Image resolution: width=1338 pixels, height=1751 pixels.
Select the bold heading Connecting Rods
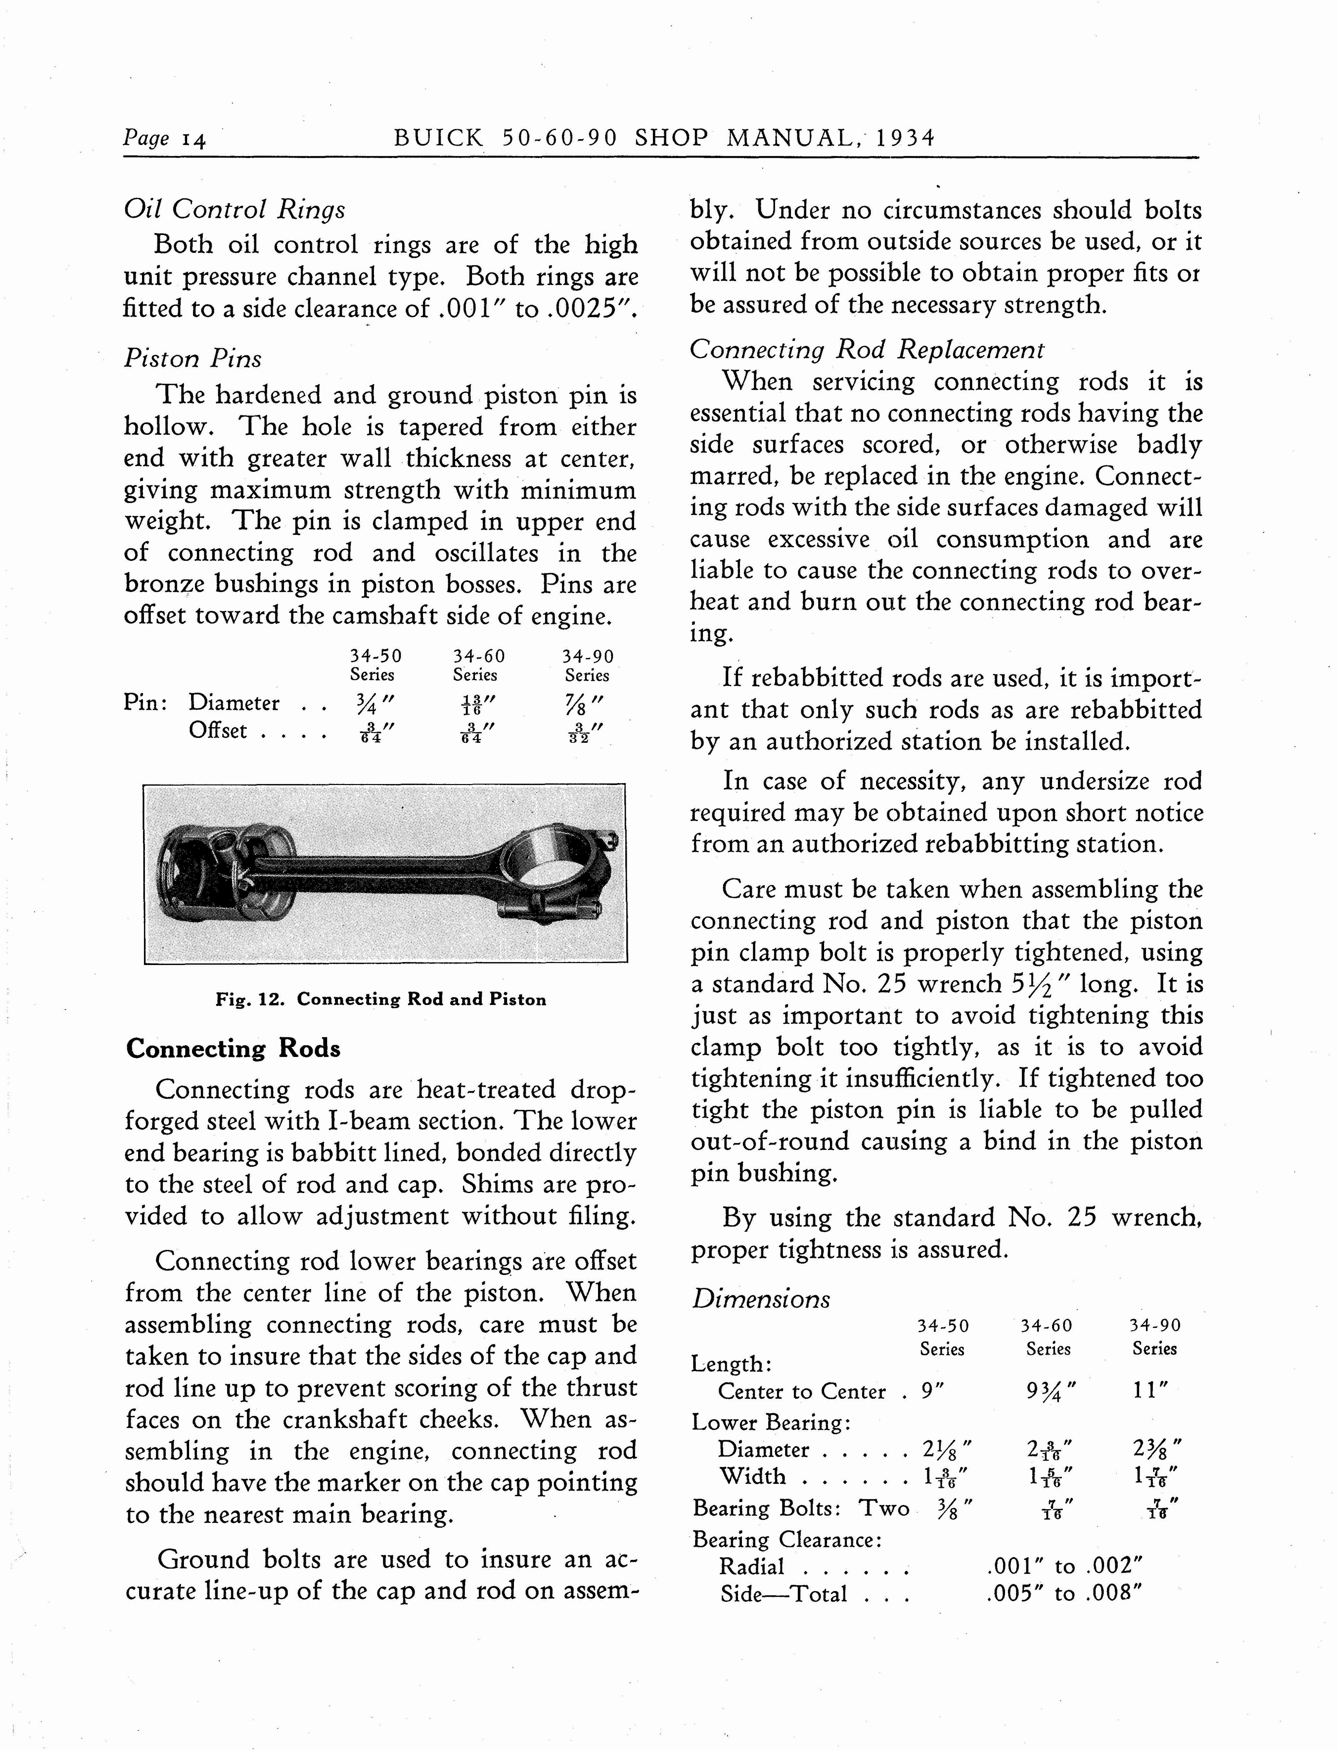[232, 1048]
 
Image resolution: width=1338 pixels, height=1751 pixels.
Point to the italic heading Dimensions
[760, 1299]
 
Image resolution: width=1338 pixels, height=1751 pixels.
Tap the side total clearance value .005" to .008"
[1064, 1593]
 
